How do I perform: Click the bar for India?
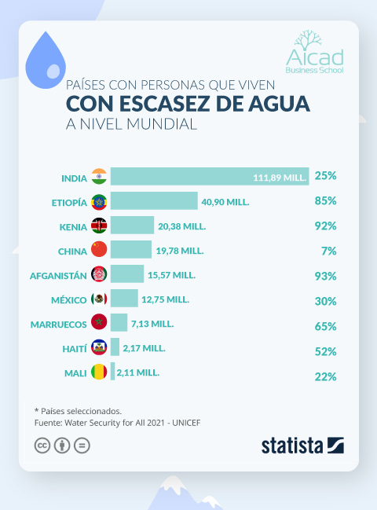(x=209, y=177)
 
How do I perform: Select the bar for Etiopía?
(x=154, y=201)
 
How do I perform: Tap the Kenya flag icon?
(x=99, y=226)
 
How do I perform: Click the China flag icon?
(x=99, y=250)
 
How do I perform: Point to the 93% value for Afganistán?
(x=325, y=275)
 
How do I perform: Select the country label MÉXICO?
(x=68, y=299)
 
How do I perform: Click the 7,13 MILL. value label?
(x=152, y=323)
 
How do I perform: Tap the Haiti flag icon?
(x=99, y=347)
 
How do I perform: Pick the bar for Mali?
(x=112, y=372)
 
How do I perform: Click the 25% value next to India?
(x=325, y=177)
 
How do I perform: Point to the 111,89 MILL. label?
(x=279, y=178)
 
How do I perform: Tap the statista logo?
(x=302, y=445)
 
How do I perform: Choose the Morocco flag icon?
(x=99, y=323)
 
